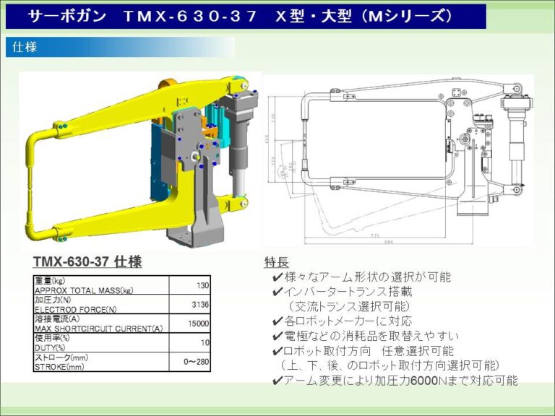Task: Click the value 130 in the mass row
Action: [x=203, y=285]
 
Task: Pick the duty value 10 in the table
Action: [x=205, y=342]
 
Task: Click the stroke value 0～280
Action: [x=197, y=361]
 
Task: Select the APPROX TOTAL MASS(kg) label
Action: [x=83, y=290]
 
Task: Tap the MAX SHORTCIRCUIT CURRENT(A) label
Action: [x=98, y=329]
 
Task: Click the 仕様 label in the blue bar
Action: [x=25, y=48]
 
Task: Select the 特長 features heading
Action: [x=276, y=261]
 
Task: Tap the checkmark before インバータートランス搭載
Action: [x=277, y=292]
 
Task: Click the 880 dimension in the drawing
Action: [x=388, y=242]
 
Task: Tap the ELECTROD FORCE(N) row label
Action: [x=75, y=310]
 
